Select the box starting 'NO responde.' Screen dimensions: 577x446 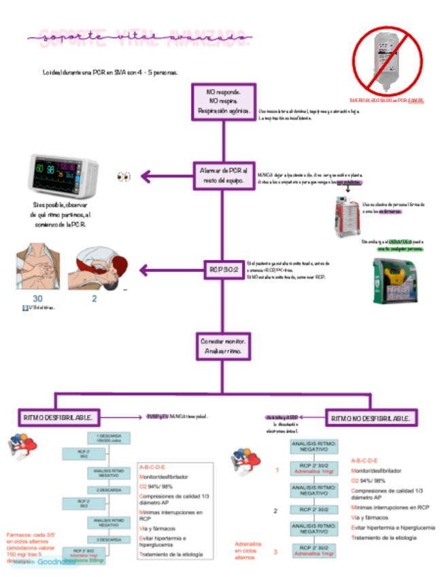point(224,101)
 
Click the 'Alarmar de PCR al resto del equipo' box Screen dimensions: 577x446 point(224,174)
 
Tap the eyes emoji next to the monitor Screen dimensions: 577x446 point(124,177)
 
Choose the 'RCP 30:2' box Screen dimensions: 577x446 point(223,270)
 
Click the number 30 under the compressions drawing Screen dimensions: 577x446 point(37,299)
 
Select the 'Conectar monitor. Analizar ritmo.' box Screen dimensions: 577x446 point(224,346)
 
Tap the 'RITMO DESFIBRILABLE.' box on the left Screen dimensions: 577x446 point(59,416)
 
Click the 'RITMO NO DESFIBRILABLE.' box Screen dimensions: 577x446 point(371,417)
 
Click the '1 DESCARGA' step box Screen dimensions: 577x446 point(109,438)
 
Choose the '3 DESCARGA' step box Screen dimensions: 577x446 point(109,539)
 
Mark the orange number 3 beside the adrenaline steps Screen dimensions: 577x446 point(275,551)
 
